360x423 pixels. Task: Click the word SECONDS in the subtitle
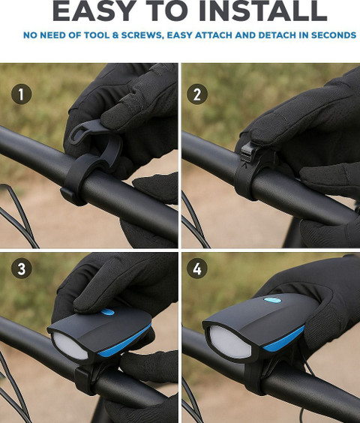[334, 35]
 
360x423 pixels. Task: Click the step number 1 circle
[21, 94]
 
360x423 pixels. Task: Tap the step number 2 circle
[197, 94]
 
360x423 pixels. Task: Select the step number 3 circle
[21, 268]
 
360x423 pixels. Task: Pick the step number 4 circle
[197, 268]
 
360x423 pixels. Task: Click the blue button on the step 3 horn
[108, 312]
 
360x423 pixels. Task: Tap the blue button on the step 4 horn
[272, 300]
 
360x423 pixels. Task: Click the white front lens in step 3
[70, 346]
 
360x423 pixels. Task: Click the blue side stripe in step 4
[285, 339]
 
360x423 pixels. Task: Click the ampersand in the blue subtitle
[115, 35]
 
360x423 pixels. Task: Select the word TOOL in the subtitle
[97, 35]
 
